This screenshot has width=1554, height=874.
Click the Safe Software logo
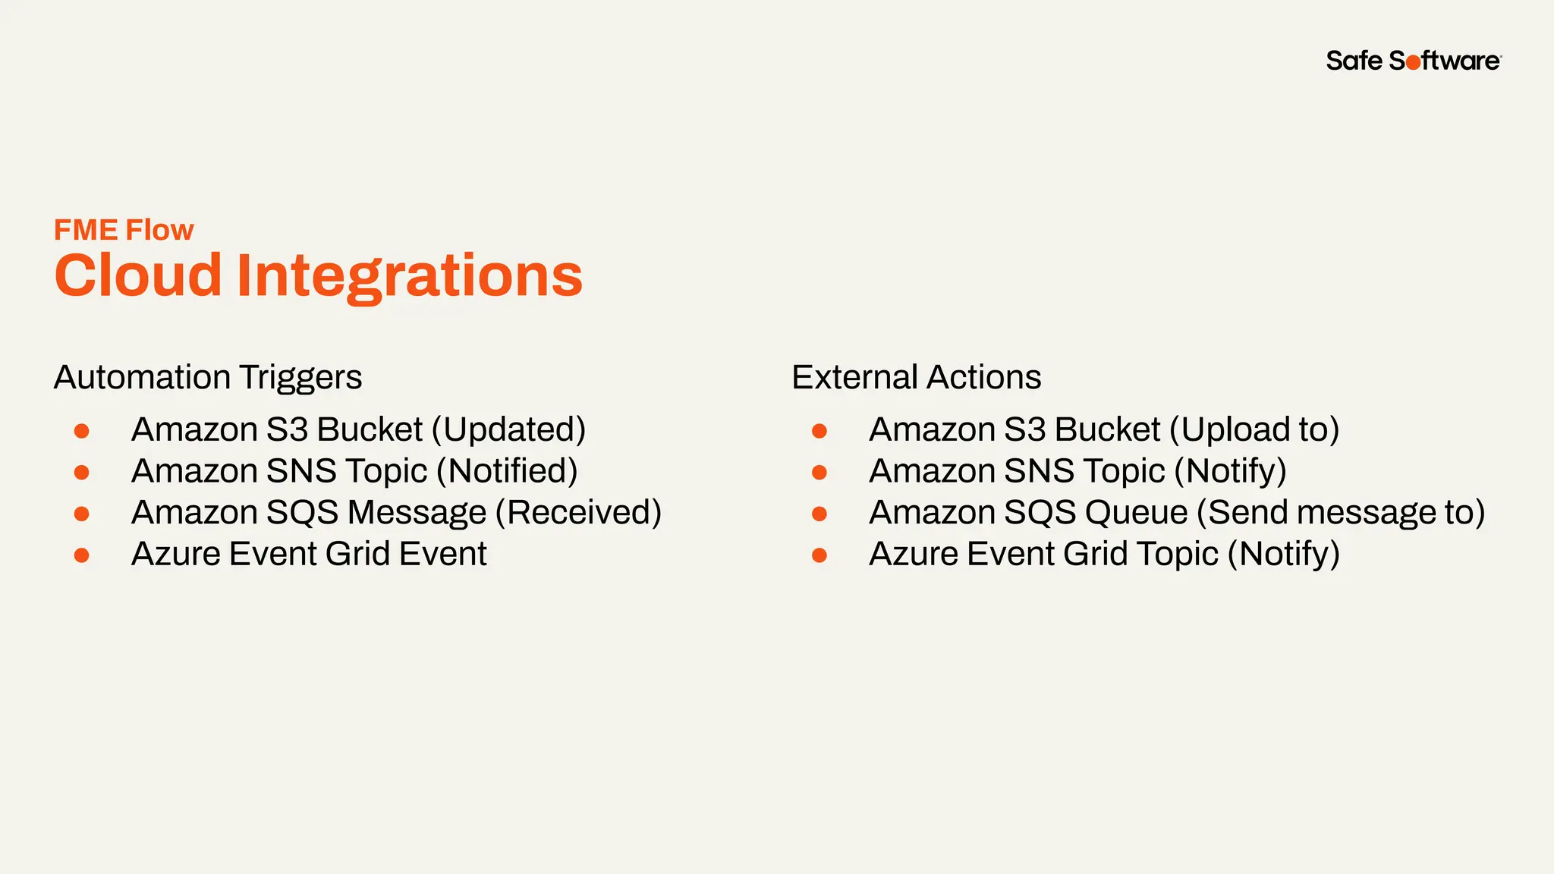tap(1413, 61)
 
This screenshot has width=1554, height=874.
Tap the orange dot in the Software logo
tap(1414, 63)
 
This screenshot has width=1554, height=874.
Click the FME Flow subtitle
tap(124, 230)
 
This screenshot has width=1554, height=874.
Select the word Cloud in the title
tap(137, 275)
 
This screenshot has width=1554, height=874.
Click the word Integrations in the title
tap(410, 276)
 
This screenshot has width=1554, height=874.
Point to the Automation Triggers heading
tap(208, 377)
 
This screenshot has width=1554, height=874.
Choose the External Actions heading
tap(916, 377)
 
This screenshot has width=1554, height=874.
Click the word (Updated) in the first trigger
tap(508, 430)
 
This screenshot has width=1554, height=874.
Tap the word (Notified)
tap(507, 471)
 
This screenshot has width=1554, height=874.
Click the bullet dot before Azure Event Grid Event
tap(82, 555)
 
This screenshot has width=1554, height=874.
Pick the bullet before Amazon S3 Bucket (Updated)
tap(82, 432)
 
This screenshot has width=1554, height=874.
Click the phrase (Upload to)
tap(1254, 430)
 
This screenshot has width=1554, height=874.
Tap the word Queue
tap(1136, 514)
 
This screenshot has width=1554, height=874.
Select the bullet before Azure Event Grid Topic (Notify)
tap(819, 555)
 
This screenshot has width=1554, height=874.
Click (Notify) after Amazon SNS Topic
tap(1230, 472)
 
